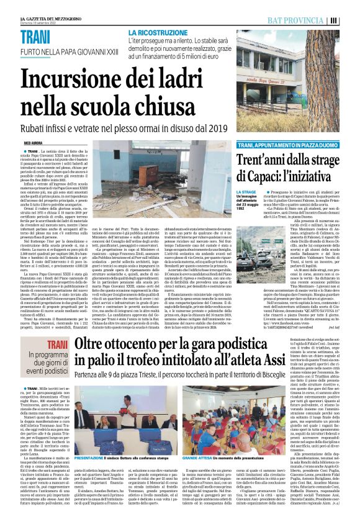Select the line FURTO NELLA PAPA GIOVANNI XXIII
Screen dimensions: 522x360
tap(61, 51)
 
